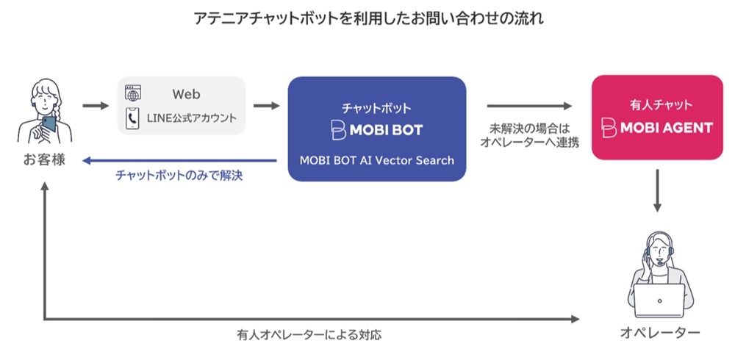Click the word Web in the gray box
[x=186, y=95]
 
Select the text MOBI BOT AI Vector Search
[x=376, y=160]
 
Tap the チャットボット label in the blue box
[x=376, y=107]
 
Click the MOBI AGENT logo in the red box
[x=656, y=128]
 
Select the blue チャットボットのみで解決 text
[x=179, y=176]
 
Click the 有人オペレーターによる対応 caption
[x=309, y=334]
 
